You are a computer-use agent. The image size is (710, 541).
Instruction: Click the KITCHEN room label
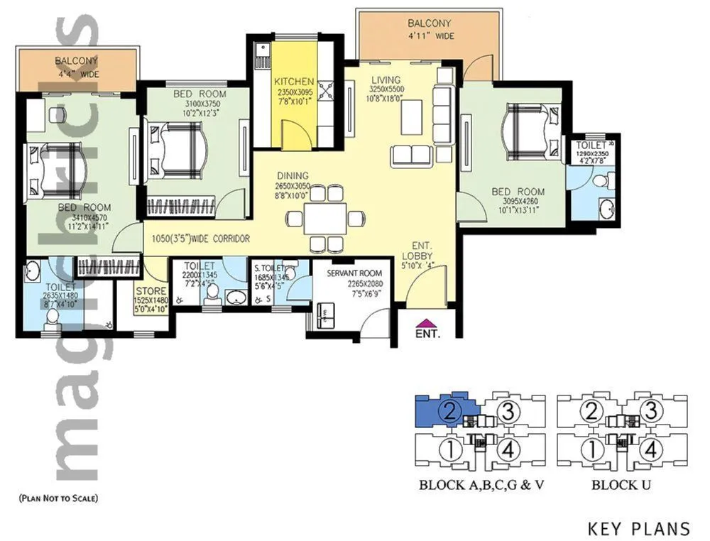click(x=294, y=82)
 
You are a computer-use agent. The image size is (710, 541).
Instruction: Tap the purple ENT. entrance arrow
click(x=425, y=322)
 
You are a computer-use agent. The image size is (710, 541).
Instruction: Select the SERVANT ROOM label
click(x=355, y=273)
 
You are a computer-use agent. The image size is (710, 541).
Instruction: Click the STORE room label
click(x=151, y=291)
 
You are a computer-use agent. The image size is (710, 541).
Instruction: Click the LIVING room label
click(x=385, y=80)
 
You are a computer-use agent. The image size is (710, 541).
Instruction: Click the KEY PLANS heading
click(x=639, y=529)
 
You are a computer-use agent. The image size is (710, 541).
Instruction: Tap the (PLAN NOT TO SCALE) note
click(x=59, y=498)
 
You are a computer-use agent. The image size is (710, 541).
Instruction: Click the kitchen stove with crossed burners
click(x=330, y=90)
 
